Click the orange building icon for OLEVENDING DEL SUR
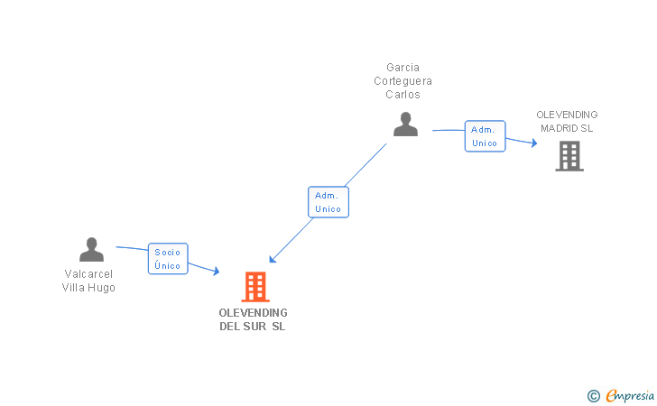[255, 287]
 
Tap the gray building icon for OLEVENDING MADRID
[569, 156]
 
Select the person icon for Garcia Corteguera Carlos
[405, 124]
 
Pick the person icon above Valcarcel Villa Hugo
[91, 249]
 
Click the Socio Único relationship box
[168, 259]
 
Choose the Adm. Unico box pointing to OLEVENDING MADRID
[485, 136]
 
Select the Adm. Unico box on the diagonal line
[328, 202]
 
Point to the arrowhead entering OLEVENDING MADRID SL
[534, 143]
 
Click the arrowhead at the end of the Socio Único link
[217, 271]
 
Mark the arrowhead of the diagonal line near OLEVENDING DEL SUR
[273, 259]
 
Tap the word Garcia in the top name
[403, 68]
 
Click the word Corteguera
[403, 81]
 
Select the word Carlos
[403, 94]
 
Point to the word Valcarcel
[88, 274]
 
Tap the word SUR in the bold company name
[254, 327]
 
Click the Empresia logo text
[630, 395]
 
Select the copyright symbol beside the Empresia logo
[594, 396]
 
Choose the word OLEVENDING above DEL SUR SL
[253, 313]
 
